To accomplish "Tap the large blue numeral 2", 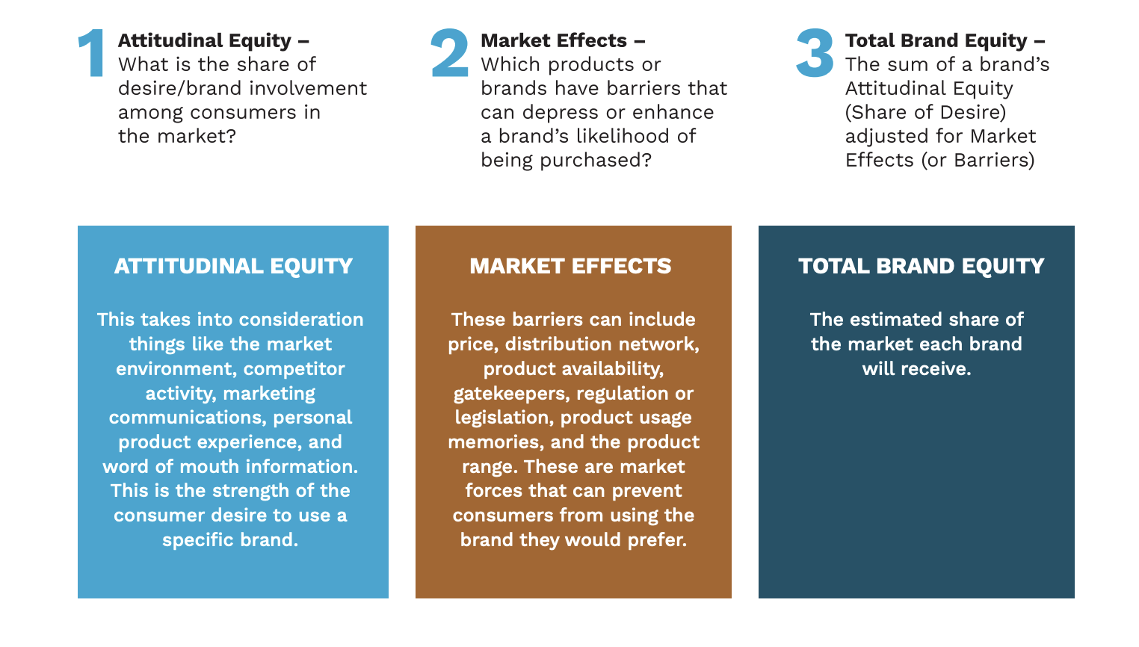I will pos(450,54).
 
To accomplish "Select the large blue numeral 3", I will pos(815,54).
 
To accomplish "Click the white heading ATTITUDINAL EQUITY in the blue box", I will pos(233,266).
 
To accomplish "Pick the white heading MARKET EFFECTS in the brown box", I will pos(570,266).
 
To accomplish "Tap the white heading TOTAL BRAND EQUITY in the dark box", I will pos(921,266).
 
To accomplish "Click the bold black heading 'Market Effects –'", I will pos(563,40).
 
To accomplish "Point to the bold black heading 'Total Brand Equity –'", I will pos(945,40).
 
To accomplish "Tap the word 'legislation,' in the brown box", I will pos(504,418).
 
